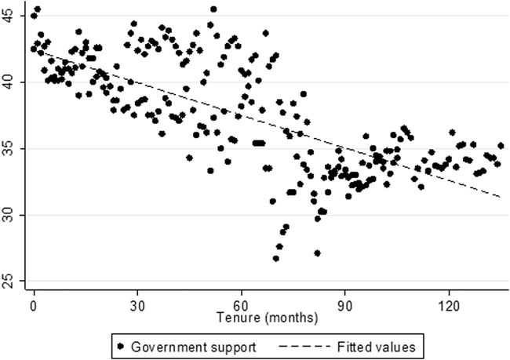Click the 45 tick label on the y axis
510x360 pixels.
pos(15,15)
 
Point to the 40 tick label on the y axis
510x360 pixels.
pos(15,82)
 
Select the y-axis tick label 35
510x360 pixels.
pos(15,148)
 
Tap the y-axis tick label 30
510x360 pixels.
pos(15,215)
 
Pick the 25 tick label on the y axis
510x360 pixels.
pos(15,281)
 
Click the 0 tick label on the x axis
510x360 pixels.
pos(34,304)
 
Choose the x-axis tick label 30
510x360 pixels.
pos(137,304)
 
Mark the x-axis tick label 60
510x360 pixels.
pos(241,304)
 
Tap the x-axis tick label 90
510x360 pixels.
pos(344,304)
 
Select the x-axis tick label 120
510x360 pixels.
pos(448,304)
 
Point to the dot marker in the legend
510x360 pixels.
pos(121,344)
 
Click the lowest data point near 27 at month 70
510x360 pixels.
pos(276,258)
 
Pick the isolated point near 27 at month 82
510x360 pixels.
pos(317,253)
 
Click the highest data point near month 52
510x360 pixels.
pos(213,9)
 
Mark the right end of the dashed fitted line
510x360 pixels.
pos(500,197)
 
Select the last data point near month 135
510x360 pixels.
pos(501,146)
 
